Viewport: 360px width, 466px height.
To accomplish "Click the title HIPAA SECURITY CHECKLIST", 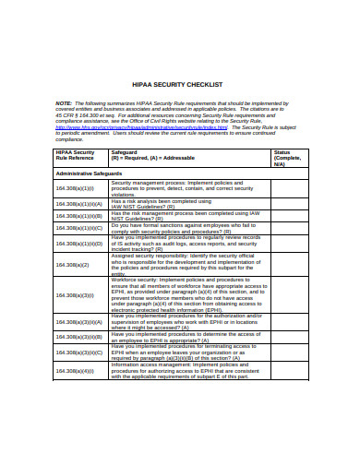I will pos(180,83).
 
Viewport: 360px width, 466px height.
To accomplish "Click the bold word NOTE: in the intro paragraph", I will pos(65,102).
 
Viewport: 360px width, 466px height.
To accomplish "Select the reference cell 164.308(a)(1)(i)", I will pos(75,187).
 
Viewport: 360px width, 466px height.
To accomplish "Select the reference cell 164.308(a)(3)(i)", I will pos(75,295).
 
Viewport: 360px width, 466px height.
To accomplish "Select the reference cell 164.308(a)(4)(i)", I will pos(75,371).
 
